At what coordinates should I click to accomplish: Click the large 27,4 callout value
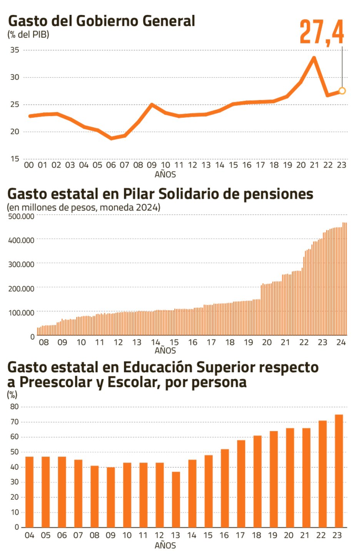[322, 32]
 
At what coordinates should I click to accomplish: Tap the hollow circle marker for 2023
[342, 91]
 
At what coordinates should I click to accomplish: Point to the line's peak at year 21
[314, 58]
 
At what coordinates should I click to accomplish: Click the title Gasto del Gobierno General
[102, 21]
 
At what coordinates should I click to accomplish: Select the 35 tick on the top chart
[15, 50]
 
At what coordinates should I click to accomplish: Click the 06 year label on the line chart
[111, 165]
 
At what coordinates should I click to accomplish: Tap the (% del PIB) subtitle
[28, 34]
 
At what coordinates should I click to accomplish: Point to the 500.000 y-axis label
[21, 216]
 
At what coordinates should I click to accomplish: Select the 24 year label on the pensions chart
[341, 342]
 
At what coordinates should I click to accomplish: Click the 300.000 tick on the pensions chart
[21, 264]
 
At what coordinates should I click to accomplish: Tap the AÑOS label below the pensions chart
[165, 350]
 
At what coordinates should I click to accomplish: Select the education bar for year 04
[29, 492]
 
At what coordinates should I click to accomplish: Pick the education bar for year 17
[241, 484]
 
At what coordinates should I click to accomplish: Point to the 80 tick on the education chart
[15, 407]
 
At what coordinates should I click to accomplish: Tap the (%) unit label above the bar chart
[12, 395]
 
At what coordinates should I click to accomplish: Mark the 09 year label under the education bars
[111, 535]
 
